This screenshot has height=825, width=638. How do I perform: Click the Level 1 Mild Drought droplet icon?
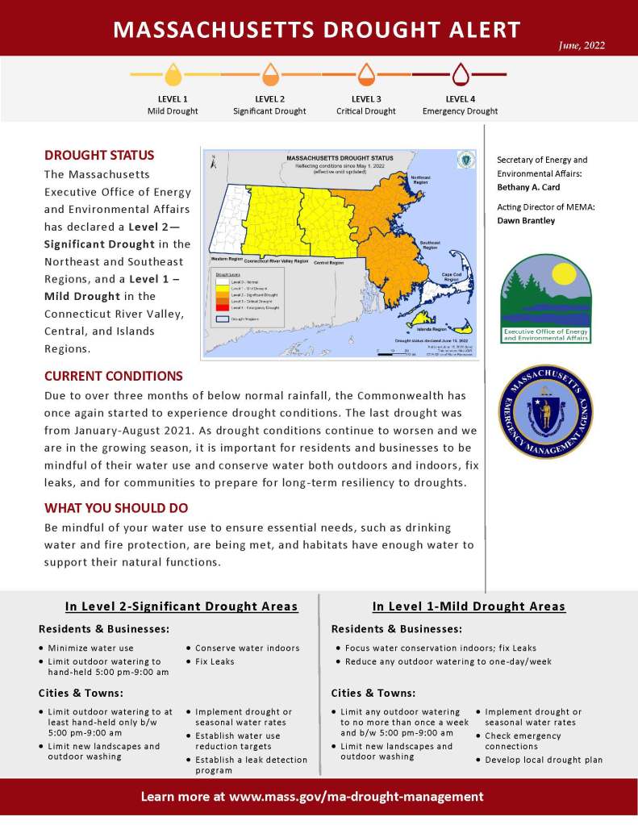[173, 76]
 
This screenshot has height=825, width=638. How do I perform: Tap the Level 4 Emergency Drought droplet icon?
[460, 76]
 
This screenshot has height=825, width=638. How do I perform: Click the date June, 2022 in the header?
[582, 45]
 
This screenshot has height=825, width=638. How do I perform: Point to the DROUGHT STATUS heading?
[99, 155]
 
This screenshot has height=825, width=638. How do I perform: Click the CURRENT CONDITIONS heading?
[114, 376]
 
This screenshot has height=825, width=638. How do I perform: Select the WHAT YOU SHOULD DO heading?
[116, 508]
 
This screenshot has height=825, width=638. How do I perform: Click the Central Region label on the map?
[328, 263]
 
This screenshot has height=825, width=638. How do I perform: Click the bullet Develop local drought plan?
[544, 760]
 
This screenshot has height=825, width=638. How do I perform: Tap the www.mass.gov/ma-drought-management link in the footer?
[357, 797]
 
